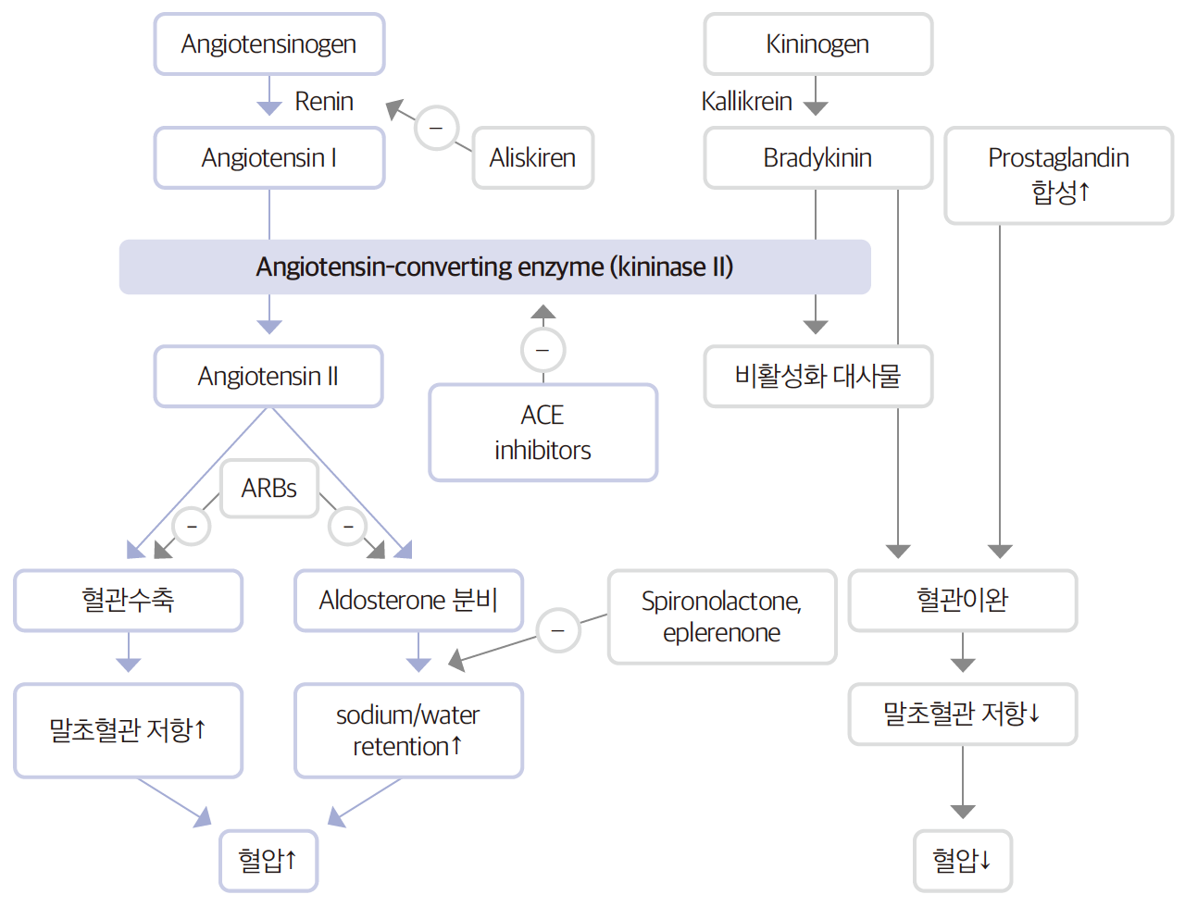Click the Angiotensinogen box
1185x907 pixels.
(268, 44)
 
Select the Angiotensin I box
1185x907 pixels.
(268, 158)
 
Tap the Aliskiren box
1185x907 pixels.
(532, 158)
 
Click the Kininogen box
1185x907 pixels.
(817, 44)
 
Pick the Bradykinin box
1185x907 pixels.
(817, 158)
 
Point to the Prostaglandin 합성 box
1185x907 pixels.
(1058, 175)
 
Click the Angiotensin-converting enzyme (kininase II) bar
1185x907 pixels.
(494, 267)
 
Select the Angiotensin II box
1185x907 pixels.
(268, 377)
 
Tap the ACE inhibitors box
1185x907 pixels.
(543, 432)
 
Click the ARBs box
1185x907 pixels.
(269, 488)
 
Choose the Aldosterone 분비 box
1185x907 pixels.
(408, 601)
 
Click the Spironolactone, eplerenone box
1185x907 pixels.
(722, 616)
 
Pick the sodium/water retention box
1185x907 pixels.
(408, 730)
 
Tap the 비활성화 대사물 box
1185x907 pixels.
(817, 377)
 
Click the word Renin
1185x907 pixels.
(324, 101)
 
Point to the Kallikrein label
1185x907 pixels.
(746, 101)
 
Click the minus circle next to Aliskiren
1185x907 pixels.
(436, 128)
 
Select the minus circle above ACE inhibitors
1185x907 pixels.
(543, 350)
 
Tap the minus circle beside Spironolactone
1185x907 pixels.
(558, 630)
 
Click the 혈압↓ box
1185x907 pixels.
(962, 860)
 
